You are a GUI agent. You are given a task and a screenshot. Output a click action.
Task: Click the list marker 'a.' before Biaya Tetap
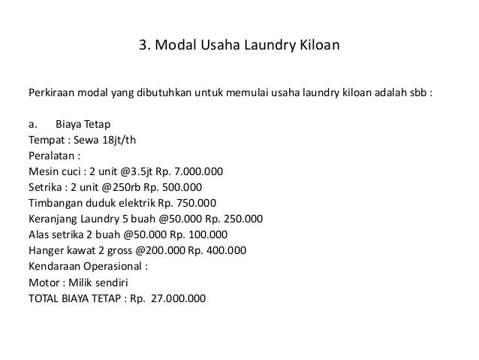pyautogui.click(x=34, y=124)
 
